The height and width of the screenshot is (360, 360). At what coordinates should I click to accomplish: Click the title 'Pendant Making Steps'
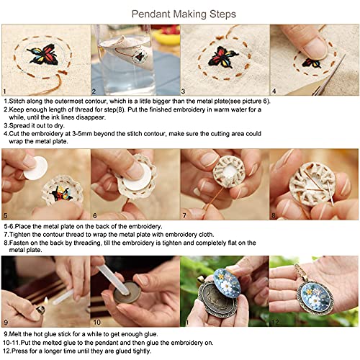180,13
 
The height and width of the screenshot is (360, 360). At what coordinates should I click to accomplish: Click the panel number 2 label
94,92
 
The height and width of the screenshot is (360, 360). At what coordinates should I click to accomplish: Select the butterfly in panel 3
225,56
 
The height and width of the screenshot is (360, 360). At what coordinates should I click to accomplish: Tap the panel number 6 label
94,216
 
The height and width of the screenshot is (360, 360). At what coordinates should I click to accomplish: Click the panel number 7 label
184,216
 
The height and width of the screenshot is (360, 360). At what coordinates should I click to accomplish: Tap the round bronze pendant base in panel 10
123,296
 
